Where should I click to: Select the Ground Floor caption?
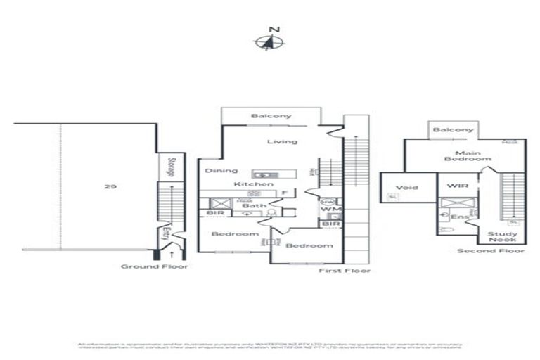point(154,266)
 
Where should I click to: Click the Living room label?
point(282,141)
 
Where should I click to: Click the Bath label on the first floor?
point(250,205)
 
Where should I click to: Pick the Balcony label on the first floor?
point(271,116)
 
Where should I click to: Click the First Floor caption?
point(344,270)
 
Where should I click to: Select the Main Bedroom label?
point(467,155)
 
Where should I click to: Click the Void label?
point(406,188)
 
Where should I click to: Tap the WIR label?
point(456,188)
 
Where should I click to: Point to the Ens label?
point(458,217)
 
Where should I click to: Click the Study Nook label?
point(502,237)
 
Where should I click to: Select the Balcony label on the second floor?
point(453,130)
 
